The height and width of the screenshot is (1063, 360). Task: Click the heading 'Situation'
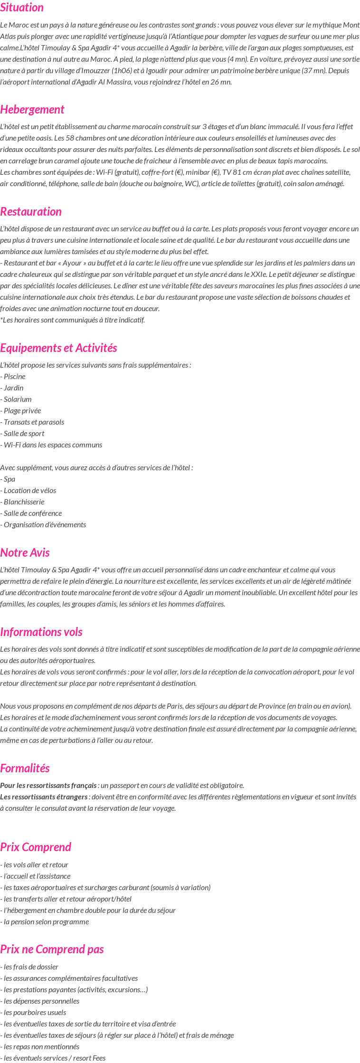[22, 8]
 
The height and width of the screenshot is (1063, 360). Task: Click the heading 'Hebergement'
[32, 110]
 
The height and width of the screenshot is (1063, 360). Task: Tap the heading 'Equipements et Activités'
[58, 348]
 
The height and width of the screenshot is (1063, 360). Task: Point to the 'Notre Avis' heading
[25, 553]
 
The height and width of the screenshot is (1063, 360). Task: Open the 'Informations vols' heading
[41, 632]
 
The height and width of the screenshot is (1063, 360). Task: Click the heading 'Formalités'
[25, 769]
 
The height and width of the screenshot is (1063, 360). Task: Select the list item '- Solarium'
[16, 399]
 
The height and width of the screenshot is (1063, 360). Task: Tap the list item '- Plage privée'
[20, 411]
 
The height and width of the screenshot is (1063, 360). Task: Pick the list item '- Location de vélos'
[28, 491]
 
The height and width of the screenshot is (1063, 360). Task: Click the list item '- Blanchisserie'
[22, 502]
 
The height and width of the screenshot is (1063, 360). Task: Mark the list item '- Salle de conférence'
[31, 513]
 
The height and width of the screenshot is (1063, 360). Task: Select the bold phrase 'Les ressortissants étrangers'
[44, 797]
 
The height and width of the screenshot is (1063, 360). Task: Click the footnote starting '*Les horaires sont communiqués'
[73, 320]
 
